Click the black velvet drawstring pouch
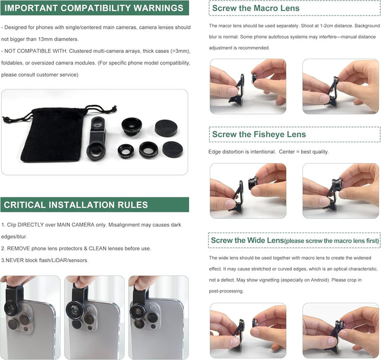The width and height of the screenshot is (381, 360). click(x=53, y=135)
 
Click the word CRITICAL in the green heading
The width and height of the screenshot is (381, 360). click(x=25, y=205)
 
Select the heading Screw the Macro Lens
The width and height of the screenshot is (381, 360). click(x=255, y=8)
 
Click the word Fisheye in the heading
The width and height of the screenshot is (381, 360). click(x=268, y=134)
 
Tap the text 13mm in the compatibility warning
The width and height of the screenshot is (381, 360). click(x=46, y=39)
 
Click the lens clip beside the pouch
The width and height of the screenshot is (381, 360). click(x=97, y=138)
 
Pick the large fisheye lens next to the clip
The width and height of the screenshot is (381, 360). click(x=132, y=127)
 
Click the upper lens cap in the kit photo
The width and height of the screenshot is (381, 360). click(x=166, y=128)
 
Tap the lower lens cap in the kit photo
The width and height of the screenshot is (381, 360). click(x=172, y=149)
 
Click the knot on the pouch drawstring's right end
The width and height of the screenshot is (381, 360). click(x=114, y=108)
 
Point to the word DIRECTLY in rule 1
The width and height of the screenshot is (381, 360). click(x=30, y=225)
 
